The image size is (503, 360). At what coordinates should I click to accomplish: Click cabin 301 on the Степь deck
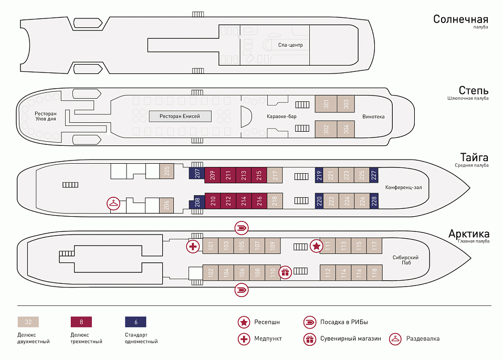[326, 104]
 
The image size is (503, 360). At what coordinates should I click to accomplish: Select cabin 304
[346, 129]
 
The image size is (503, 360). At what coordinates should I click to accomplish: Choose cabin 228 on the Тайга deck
[374, 200]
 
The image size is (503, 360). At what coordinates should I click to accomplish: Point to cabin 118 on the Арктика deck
[374, 272]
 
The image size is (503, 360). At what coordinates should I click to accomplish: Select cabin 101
[210, 245]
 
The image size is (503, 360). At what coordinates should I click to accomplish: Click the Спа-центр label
[290, 45]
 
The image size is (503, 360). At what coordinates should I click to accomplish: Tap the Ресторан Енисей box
[180, 116]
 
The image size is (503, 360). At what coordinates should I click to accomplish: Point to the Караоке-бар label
[281, 116]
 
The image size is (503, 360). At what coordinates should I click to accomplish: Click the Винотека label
[373, 117]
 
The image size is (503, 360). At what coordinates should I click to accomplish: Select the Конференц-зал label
[403, 187]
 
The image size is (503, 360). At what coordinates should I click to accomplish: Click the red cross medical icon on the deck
[193, 246]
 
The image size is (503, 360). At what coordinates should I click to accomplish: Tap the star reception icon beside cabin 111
[316, 245]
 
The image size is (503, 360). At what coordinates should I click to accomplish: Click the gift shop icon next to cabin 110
[285, 272]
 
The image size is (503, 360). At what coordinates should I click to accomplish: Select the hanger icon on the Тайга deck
[113, 204]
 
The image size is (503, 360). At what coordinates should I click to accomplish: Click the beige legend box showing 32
[28, 322]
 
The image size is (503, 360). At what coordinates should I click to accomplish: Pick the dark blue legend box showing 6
[135, 322]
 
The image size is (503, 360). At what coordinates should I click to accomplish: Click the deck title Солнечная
[460, 19]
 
